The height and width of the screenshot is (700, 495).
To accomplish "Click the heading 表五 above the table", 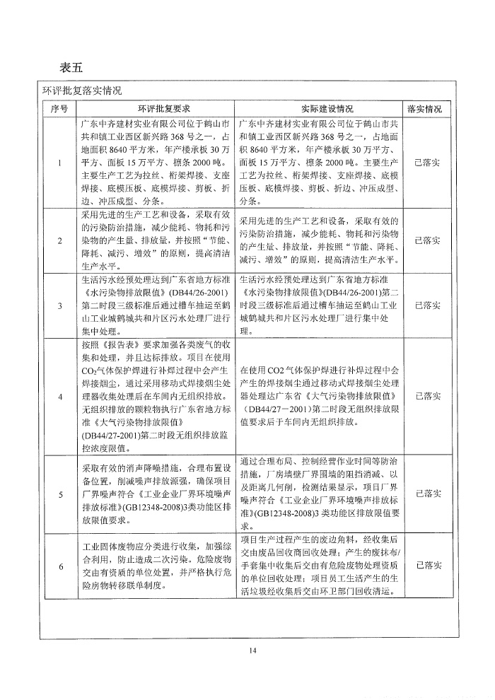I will click(72, 68).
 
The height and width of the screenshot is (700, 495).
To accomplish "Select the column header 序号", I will click(59, 109).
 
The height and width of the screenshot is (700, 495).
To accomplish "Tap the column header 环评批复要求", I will click(154, 109).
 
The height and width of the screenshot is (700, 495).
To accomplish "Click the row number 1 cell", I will click(59, 162).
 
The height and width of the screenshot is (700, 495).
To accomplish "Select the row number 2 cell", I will click(59, 240).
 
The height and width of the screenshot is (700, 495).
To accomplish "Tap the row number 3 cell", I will click(59, 305).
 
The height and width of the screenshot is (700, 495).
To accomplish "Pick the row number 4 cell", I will click(59, 396).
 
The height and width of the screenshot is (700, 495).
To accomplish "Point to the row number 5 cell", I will click(59, 494).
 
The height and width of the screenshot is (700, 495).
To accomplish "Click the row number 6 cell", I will click(59, 566).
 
